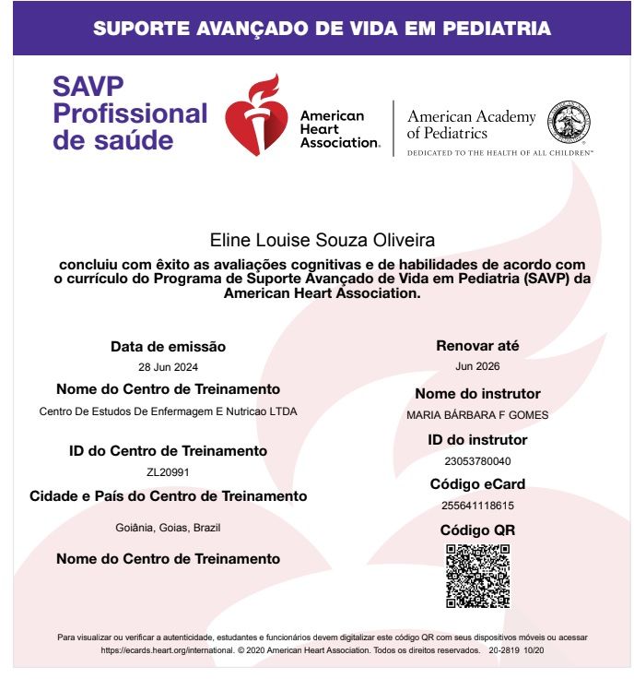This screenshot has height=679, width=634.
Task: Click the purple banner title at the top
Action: [x=322, y=28]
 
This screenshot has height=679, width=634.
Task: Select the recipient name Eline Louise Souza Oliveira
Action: [x=322, y=241]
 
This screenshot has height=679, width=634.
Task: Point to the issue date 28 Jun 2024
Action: [x=168, y=366]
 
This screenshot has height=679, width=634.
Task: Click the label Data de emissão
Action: [x=168, y=347]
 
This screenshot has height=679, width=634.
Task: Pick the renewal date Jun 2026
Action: [x=477, y=366]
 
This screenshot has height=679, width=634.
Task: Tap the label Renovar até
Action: [x=477, y=346]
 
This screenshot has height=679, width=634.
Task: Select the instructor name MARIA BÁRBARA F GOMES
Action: [x=477, y=415]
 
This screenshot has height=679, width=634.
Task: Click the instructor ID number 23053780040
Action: [x=477, y=461]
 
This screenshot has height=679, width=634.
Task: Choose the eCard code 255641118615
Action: [x=477, y=506]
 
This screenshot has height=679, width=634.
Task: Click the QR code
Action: [x=477, y=576]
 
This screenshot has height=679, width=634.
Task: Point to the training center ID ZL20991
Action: [x=168, y=471]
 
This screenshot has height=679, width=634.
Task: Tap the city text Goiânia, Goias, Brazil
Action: [x=168, y=528]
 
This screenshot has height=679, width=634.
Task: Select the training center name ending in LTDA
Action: [x=168, y=411]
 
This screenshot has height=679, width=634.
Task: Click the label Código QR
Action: [x=477, y=530]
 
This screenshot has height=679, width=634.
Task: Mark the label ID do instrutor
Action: [x=477, y=440]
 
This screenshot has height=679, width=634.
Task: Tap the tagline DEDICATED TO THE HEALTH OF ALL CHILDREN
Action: [x=499, y=151]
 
